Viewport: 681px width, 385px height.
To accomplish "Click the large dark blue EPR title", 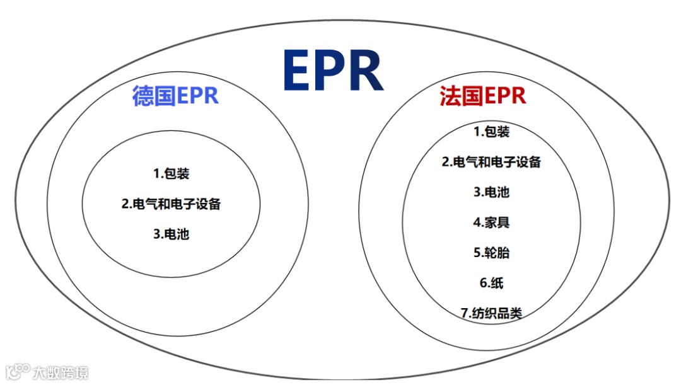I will coord(333,70).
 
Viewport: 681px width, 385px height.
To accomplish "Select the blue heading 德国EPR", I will coord(175,96).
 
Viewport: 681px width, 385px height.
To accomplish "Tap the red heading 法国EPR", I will coord(483,96).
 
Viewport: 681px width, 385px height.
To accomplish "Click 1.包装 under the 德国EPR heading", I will coord(171,173).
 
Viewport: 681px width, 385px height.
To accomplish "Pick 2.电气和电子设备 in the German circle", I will coord(171,204).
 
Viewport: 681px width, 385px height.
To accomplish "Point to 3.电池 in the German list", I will coord(171,234).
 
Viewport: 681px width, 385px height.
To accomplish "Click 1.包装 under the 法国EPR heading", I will coord(491,132).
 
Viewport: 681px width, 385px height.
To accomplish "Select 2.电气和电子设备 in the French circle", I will coord(491,162).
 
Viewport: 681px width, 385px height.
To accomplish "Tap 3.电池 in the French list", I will coord(491,192).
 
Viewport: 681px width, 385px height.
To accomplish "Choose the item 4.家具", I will coord(491,222).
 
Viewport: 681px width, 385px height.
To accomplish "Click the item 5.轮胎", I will coord(491,253).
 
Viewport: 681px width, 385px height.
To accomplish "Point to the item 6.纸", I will coord(491,283).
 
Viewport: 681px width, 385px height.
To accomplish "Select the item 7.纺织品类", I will coord(491,313).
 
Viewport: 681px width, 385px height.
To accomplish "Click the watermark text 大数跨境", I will coord(61,372).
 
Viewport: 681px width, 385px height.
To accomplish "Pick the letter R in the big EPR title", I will coord(366,70).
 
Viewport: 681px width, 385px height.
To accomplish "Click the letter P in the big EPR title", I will coord(332,70).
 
